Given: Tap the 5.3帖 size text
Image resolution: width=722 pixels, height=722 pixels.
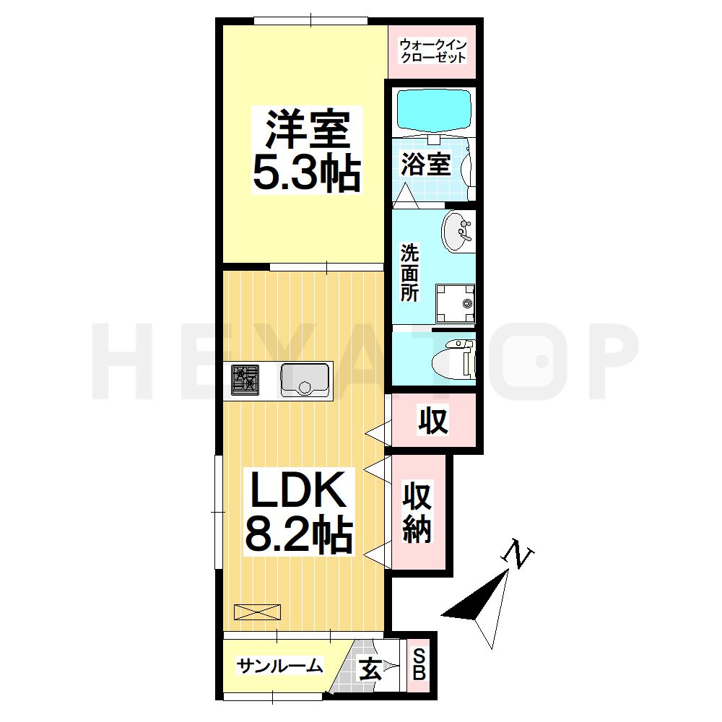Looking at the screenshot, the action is (306, 173).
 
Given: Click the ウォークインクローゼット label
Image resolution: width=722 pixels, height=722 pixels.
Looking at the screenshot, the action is (432, 51).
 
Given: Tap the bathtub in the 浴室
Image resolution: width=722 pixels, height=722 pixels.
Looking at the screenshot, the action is (434, 110).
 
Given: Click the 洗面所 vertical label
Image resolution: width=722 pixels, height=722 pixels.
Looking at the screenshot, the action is (409, 272).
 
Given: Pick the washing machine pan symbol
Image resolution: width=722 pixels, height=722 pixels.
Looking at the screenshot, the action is (456, 304).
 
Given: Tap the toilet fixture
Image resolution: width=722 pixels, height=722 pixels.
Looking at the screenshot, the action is (453, 359).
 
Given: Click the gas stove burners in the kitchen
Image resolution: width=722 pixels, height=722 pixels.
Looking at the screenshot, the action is (245, 380).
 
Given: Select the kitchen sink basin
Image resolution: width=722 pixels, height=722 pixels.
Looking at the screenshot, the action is (305, 380).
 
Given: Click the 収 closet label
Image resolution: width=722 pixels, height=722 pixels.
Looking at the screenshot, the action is (432, 420).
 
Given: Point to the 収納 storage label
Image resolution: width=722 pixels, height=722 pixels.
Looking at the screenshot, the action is (417, 513).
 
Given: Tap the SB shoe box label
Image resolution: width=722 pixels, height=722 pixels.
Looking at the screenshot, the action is (419, 664).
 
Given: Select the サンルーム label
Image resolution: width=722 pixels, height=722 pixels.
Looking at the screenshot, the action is (279, 666).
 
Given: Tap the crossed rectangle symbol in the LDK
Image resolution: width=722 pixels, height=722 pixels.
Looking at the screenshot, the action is (258, 612).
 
